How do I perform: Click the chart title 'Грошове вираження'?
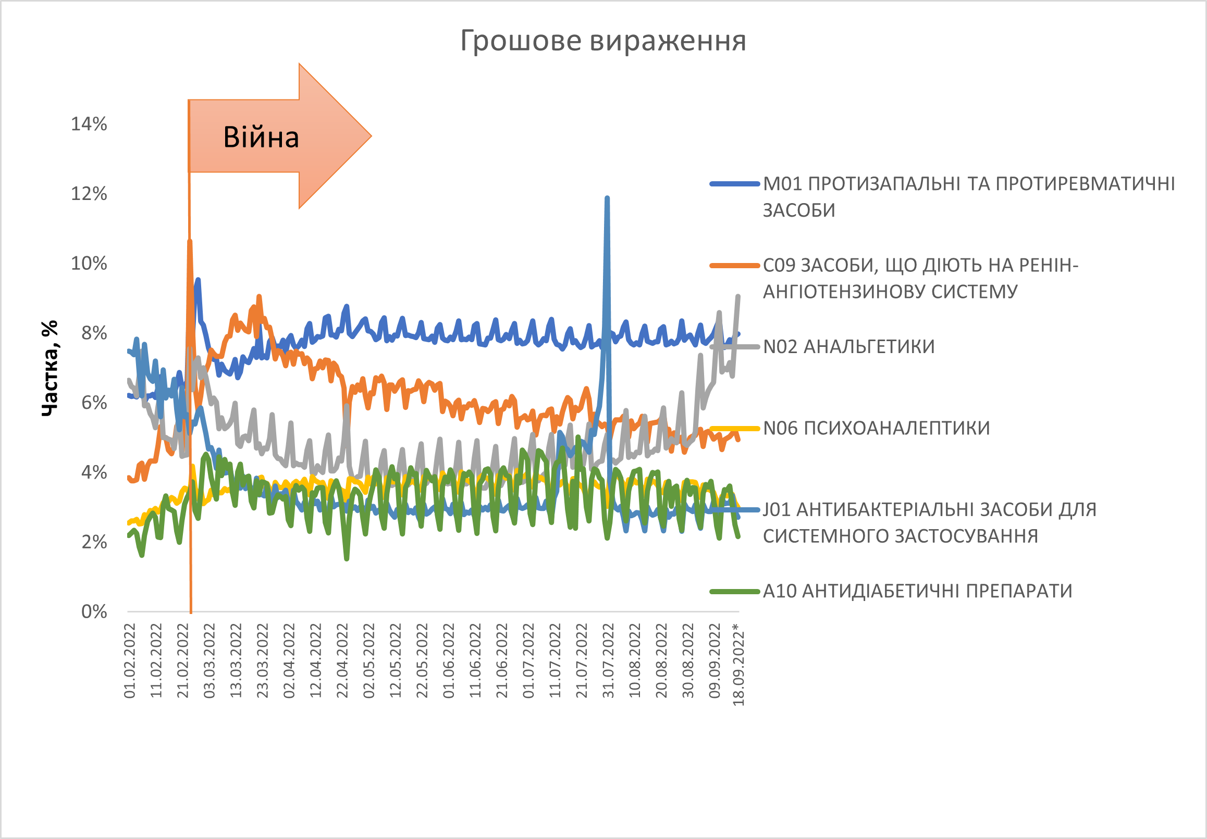pyautogui.click(x=603, y=41)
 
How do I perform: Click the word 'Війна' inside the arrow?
pyautogui.click(x=261, y=137)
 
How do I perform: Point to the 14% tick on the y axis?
pyautogui.click(x=89, y=124)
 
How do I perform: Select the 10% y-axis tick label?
pyautogui.click(x=89, y=263)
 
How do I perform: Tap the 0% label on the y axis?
pyautogui.click(x=94, y=611)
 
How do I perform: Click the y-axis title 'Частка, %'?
pyautogui.click(x=50, y=368)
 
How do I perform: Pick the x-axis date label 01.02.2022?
pyautogui.click(x=130, y=660)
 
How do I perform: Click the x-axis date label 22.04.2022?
pyautogui.click(x=342, y=660)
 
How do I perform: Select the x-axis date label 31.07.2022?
pyautogui.click(x=608, y=660)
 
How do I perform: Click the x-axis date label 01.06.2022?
pyautogui.click(x=449, y=660)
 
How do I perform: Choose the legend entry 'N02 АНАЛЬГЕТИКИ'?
pyautogui.click(x=848, y=347)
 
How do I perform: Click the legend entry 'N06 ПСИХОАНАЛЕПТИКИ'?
pyautogui.click(x=877, y=428)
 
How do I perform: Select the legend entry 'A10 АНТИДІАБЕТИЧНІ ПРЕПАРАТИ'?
pyautogui.click(x=917, y=591)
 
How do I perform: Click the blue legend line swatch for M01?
pyautogui.click(x=735, y=184)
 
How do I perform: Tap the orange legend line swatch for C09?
pyautogui.click(x=735, y=265)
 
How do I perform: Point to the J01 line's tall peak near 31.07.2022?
pyautogui.click(x=607, y=198)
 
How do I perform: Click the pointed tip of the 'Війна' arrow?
pyautogui.click(x=371, y=136)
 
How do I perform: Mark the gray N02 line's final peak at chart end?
pyautogui.click(x=738, y=297)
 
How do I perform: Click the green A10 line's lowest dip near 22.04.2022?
pyautogui.click(x=347, y=558)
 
